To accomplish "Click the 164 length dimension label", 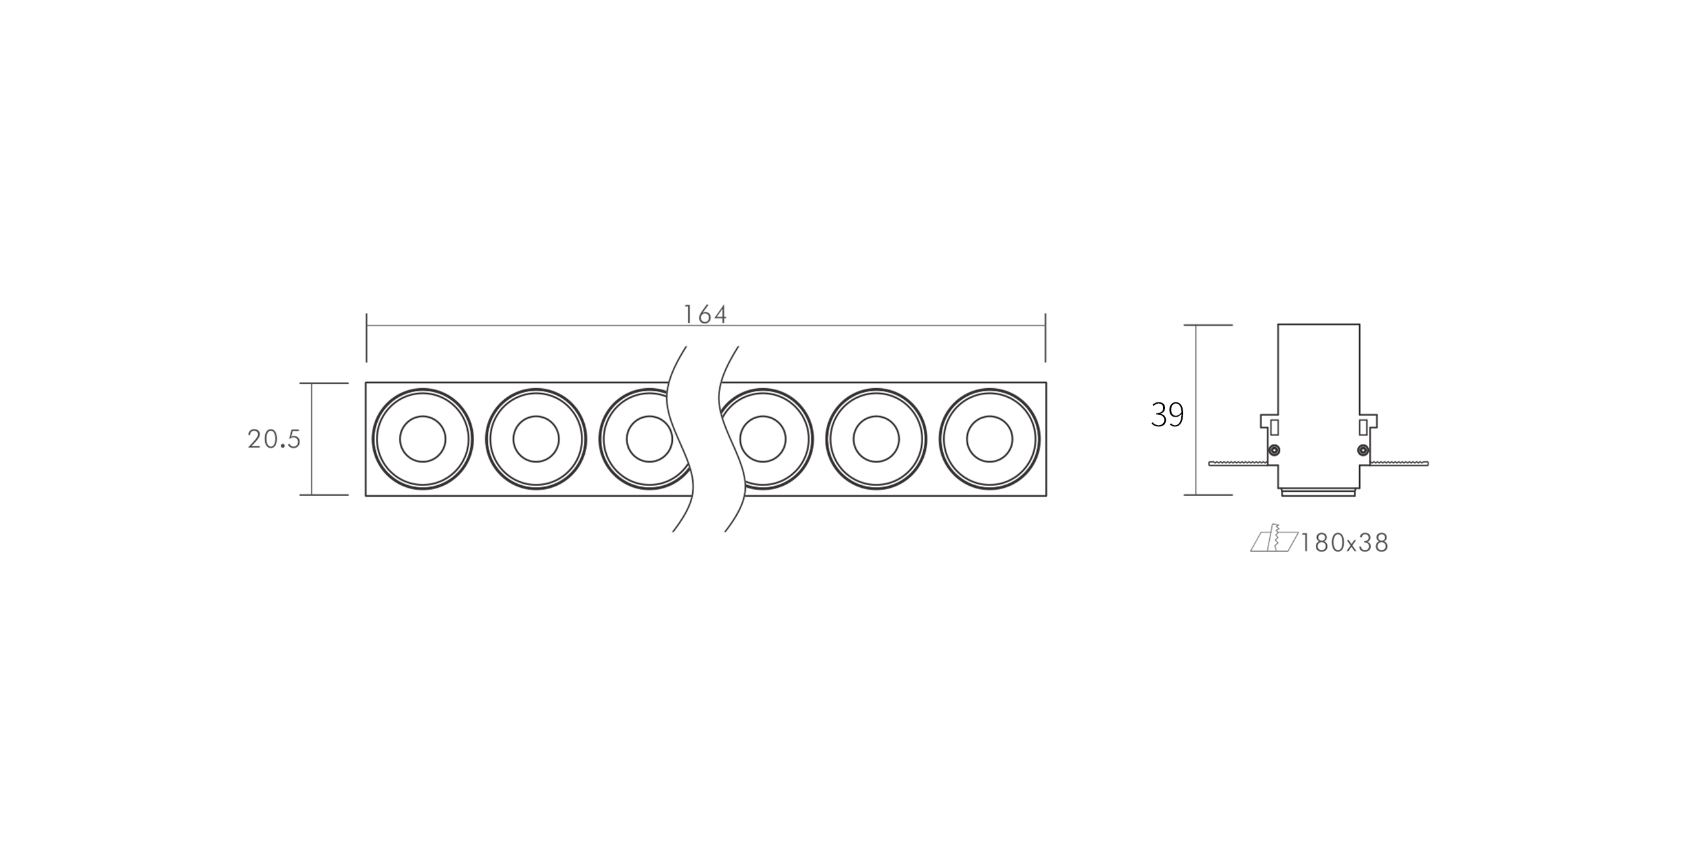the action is pos(705,314).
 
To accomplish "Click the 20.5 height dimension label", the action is pos(274,439).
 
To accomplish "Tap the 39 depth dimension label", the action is pos(1168,415).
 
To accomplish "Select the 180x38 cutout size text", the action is pos(1344,543).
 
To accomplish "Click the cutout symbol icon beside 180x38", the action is pos(1273,540).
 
